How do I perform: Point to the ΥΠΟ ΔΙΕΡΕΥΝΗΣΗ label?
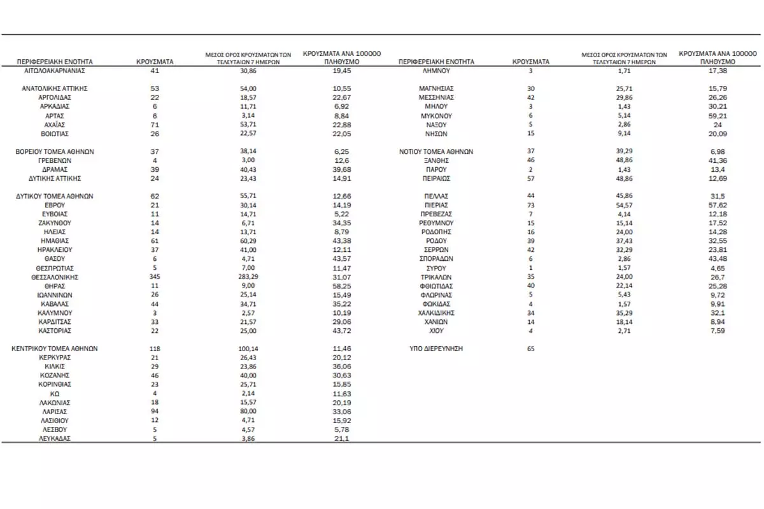pyautogui.click(x=437, y=349)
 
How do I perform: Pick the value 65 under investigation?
pyautogui.click(x=532, y=349)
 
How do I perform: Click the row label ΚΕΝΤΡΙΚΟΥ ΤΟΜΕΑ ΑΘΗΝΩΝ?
pyautogui.click(x=55, y=349)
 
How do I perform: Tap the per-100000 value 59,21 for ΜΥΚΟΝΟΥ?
pyautogui.click(x=718, y=116)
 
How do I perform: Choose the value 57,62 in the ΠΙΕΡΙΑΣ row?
pyautogui.click(x=718, y=206)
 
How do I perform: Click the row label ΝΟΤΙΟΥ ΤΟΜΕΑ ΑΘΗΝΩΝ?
pyautogui.click(x=437, y=152)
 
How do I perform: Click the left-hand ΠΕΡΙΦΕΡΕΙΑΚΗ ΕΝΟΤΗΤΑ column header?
pyautogui.click(x=55, y=62)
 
